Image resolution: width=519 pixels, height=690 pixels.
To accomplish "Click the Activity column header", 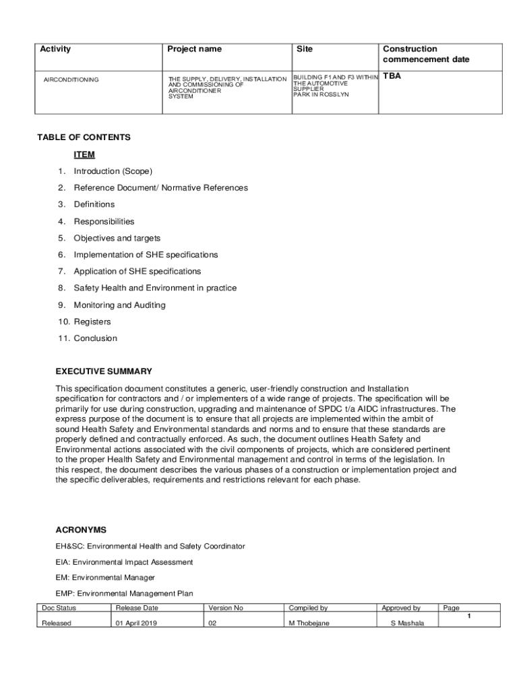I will coord(55,49).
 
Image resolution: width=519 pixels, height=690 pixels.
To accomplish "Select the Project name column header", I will coord(194,49).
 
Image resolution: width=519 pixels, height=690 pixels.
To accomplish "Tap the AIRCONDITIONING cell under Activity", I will coord(71,80).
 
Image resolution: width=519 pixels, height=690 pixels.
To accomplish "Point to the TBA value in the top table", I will coord(392,76).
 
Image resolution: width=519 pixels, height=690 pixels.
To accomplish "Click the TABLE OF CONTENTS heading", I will coord(84,137).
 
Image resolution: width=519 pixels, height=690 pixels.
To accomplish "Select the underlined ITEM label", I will coord(84,154).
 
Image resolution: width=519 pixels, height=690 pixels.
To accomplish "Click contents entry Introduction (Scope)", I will coord(113,171).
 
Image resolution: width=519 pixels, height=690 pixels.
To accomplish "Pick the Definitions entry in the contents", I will coord(94,204).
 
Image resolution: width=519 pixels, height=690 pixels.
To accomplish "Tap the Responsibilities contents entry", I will coord(104,222).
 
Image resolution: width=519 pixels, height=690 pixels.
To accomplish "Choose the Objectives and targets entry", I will coord(117,238).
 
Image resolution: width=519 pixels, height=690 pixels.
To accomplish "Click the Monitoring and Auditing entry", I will coord(119,305).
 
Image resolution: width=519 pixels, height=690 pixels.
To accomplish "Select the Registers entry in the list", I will coord(92,322).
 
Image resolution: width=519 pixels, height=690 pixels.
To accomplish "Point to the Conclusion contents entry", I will coord(95,338).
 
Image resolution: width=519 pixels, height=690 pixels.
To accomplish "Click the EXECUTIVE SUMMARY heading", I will coord(104,371).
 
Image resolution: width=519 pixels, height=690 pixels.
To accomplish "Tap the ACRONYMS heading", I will coord(81,530).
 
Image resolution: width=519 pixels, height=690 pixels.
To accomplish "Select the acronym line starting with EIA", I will coord(124,562).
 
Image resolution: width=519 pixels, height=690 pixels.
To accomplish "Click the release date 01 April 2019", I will coord(137,623).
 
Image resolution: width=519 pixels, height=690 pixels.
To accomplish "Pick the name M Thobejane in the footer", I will coord(309,623).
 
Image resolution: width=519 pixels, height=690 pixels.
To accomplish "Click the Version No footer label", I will coord(226,608).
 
